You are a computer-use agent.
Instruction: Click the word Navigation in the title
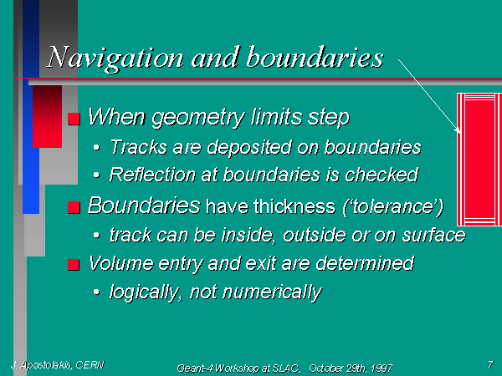pyautogui.click(x=115, y=58)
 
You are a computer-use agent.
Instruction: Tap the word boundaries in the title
pyautogui.click(x=315, y=57)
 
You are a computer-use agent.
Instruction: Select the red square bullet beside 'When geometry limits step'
pyautogui.click(x=74, y=119)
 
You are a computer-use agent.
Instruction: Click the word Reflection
pyautogui.click(x=152, y=175)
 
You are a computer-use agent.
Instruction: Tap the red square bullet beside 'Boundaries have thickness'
pyautogui.click(x=74, y=207)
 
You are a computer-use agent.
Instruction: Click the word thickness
pyautogui.click(x=295, y=206)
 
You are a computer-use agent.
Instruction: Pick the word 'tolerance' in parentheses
pyautogui.click(x=393, y=207)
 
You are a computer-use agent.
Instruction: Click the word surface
pyautogui.click(x=433, y=235)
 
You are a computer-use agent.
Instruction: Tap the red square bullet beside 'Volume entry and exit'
pyautogui.click(x=74, y=265)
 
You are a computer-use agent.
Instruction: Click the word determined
pyautogui.click(x=365, y=263)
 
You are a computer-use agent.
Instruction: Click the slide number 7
pyautogui.click(x=490, y=364)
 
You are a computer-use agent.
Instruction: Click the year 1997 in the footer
pyautogui.click(x=382, y=368)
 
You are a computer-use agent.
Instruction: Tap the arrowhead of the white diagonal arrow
pyautogui.click(x=458, y=130)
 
